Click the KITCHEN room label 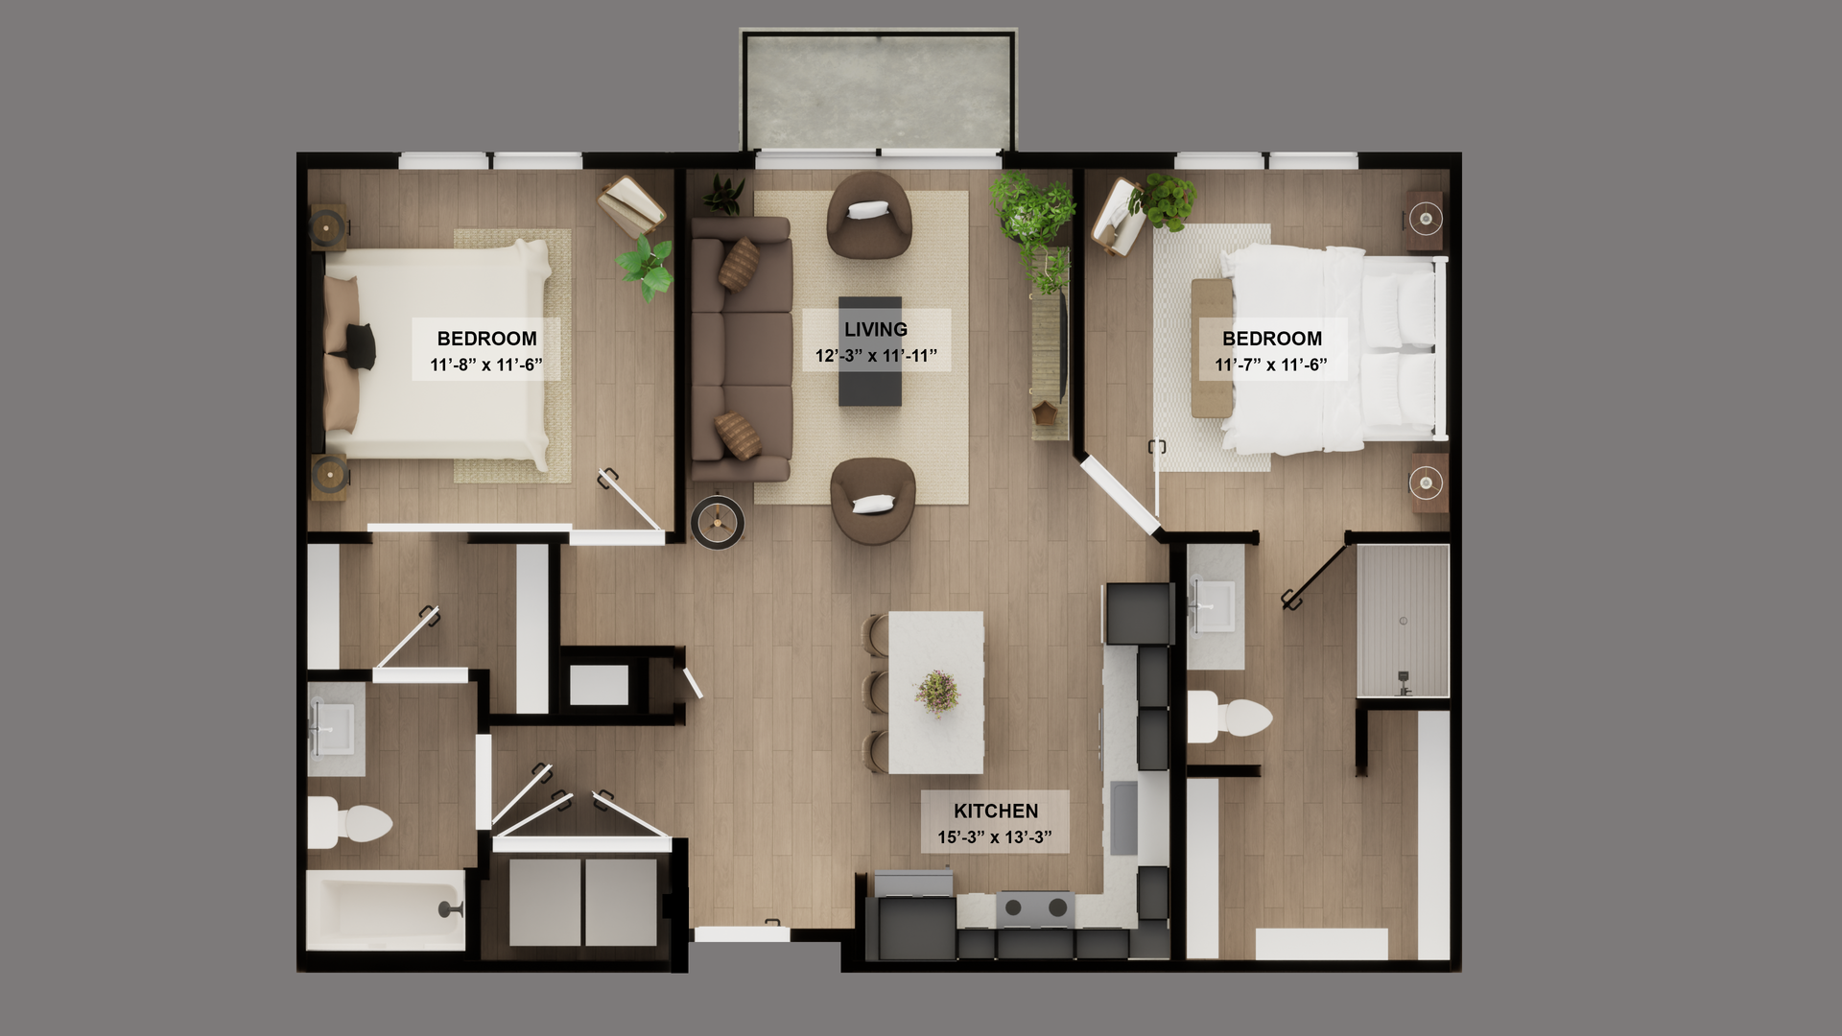995,811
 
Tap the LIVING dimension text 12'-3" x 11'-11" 876,356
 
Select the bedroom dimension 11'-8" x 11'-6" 486,365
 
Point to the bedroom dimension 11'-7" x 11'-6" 1271,365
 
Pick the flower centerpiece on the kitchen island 937,692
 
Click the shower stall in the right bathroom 1403,620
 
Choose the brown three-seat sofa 741,348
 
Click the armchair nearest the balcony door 869,215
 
